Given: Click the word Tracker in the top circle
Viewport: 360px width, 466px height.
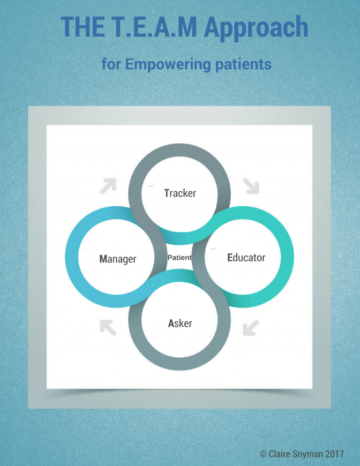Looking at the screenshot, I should tap(180, 193).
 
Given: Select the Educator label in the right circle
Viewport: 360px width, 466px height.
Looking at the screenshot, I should tap(246, 257).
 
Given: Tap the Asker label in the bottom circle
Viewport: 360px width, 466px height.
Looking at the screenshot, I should tap(180, 323).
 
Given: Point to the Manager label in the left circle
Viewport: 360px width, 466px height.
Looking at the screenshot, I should tap(118, 259).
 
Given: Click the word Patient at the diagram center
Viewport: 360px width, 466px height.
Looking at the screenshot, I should tap(180, 257).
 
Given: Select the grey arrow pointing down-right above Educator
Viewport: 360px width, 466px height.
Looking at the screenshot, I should tap(251, 186).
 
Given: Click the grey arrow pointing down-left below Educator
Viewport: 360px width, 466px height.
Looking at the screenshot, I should tap(251, 327).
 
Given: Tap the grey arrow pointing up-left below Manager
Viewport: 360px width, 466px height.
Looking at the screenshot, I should tap(108, 327).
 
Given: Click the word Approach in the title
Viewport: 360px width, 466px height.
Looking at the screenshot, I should tap(257, 28).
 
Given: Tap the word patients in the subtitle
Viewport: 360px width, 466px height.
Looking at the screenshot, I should tap(244, 64).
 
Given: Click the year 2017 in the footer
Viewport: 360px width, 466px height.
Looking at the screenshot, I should tap(334, 453).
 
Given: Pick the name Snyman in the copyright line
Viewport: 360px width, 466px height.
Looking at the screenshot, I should tap(306, 453).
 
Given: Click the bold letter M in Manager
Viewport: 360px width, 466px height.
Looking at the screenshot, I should tap(104, 259).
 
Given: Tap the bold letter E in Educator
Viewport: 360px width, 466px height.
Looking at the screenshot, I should tap(230, 257).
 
